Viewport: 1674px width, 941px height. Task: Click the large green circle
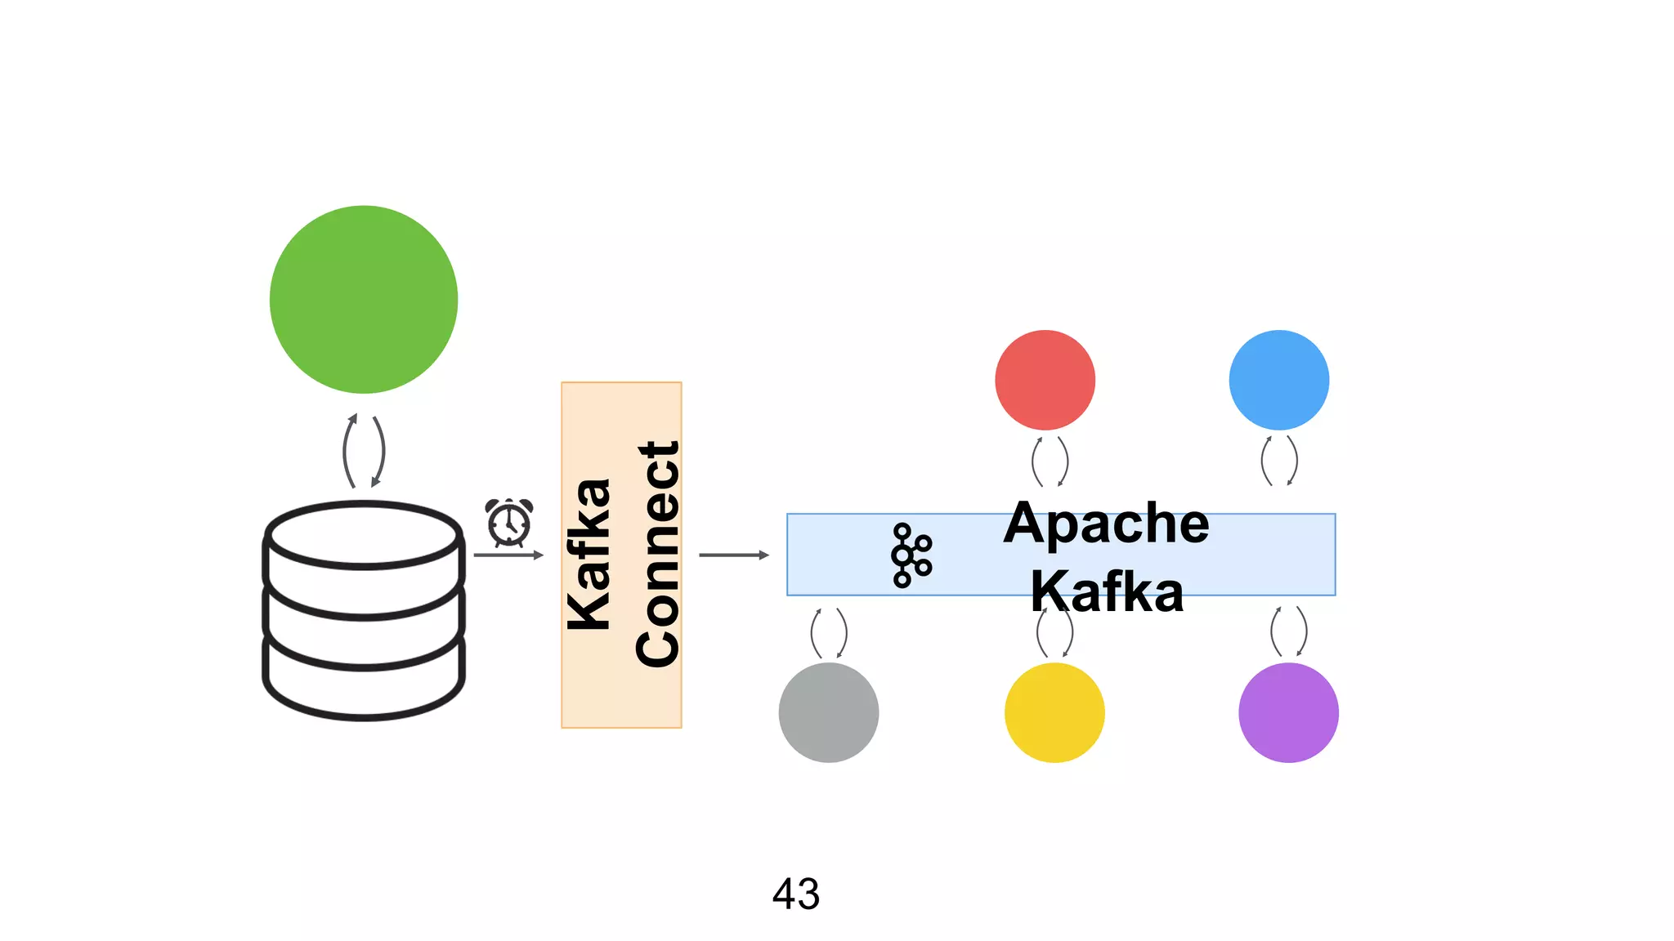click(x=364, y=299)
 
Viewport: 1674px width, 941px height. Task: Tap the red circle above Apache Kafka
click(x=1045, y=380)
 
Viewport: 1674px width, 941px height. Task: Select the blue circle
click(x=1278, y=380)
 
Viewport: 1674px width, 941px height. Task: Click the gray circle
click(x=828, y=712)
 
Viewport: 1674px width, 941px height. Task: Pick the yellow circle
click(x=1054, y=712)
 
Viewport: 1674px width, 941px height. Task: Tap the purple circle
click(x=1288, y=712)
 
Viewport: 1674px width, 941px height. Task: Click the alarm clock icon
click(x=509, y=522)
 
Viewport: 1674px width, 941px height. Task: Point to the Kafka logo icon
click(x=911, y=555)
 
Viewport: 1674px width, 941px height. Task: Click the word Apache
click(x=1106, y=523)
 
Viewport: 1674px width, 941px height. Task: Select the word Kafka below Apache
click(x=1107, y=591)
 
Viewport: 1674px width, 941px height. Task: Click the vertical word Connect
click(x=658, y=554)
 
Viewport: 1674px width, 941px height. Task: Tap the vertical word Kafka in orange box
click(x=589, y=555)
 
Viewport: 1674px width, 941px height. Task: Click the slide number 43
click(x=795, y=894)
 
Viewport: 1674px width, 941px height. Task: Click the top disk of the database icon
click(x=364, y=536)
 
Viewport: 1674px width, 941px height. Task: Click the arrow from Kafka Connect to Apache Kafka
click(x=733, y=555)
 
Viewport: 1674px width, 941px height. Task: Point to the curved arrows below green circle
click(x=364, y=451)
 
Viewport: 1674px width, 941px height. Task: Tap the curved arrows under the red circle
click(x=1050, y=462)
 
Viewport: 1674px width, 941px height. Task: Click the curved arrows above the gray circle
click(x=828, y=633)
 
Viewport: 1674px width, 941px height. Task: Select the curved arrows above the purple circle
click(x=1288, y=631)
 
